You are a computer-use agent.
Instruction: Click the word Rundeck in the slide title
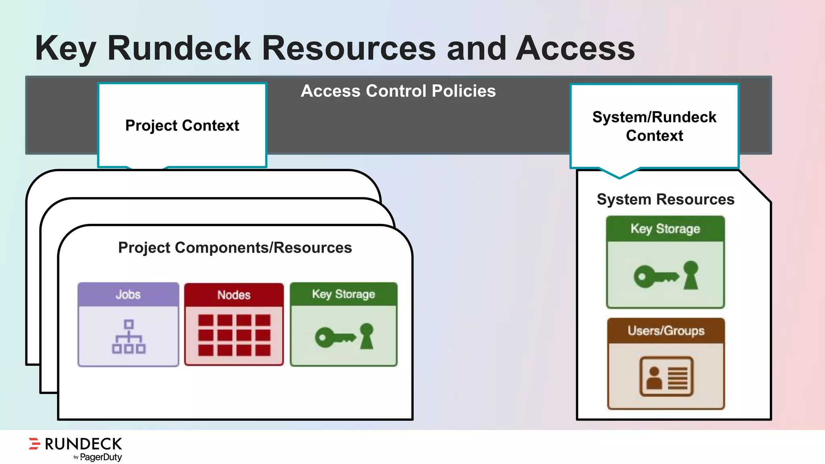tap(179, 48)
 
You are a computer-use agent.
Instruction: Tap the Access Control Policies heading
tap(398, 91)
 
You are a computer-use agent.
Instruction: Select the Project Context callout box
tap(182, 125)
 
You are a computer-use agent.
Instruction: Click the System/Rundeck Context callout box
tap(654, 126)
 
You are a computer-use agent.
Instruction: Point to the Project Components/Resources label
tap(235, 247)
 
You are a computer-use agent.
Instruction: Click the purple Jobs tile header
tap(128, 294)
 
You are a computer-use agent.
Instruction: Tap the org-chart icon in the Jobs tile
tap(129, 336)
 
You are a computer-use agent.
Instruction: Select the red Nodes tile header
tap(234, 295)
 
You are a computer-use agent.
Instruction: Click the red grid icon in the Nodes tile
tap(234, 336)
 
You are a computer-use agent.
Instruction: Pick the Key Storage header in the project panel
tap(344, 294)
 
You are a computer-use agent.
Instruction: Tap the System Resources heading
tap(665, 199)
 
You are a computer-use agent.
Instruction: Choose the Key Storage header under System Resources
tap(665, 229)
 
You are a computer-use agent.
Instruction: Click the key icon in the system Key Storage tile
tap(665, 275)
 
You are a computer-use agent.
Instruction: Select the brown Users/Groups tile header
tap(666, 331)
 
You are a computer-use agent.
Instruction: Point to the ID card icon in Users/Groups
tap(666, 377)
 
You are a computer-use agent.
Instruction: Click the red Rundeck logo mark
tap(35, 443)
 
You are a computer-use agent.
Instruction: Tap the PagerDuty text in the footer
tap(101, 457)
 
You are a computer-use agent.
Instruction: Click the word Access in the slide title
tap(575, 48)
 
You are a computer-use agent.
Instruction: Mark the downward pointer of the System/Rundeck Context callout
tap(620, 174)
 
